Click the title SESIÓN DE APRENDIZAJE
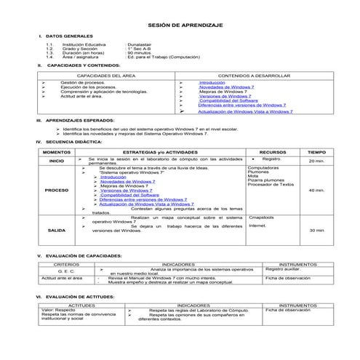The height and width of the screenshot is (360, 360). (180, 24)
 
